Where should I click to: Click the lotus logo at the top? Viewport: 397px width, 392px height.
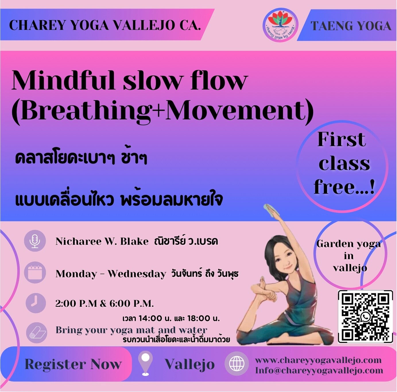280,25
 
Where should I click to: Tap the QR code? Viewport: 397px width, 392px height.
365,317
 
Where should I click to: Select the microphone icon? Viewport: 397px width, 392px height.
35,241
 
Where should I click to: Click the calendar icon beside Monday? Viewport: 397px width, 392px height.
35,273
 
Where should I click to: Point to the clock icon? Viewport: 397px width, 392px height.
35,303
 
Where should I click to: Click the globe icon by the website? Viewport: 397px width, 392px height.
237,363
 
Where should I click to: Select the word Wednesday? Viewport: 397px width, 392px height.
137,274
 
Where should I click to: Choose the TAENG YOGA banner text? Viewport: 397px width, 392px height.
351,26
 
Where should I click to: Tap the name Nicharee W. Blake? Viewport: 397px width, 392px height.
102,241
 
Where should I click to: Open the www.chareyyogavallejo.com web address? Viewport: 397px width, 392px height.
318,360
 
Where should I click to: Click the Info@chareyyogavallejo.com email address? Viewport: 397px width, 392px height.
319,370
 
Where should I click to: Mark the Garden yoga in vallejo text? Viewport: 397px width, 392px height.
349,256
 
